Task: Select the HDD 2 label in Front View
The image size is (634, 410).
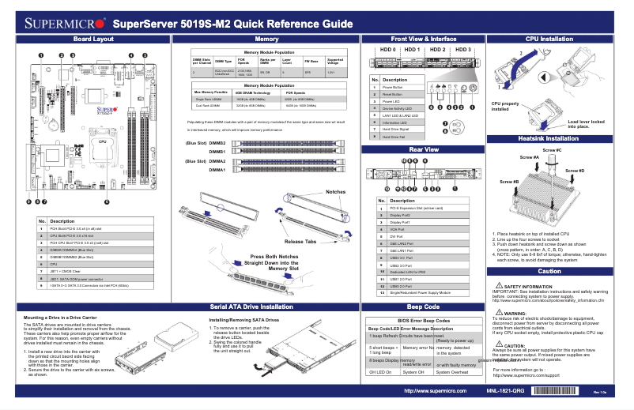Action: tap(436, 50)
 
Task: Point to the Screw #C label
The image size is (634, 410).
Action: tap(552, 150)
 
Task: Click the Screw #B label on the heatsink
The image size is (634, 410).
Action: tap(510, 182)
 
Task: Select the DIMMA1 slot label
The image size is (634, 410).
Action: tap(217, 170)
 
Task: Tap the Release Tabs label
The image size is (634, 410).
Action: tap(300, 241)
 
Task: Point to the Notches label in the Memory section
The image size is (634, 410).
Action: tap(336, 192)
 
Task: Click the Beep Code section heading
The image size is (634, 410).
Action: tap(423, 306)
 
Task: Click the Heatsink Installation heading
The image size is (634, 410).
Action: tap(549, 138)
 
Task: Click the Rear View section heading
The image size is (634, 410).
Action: tap(423, 149)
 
